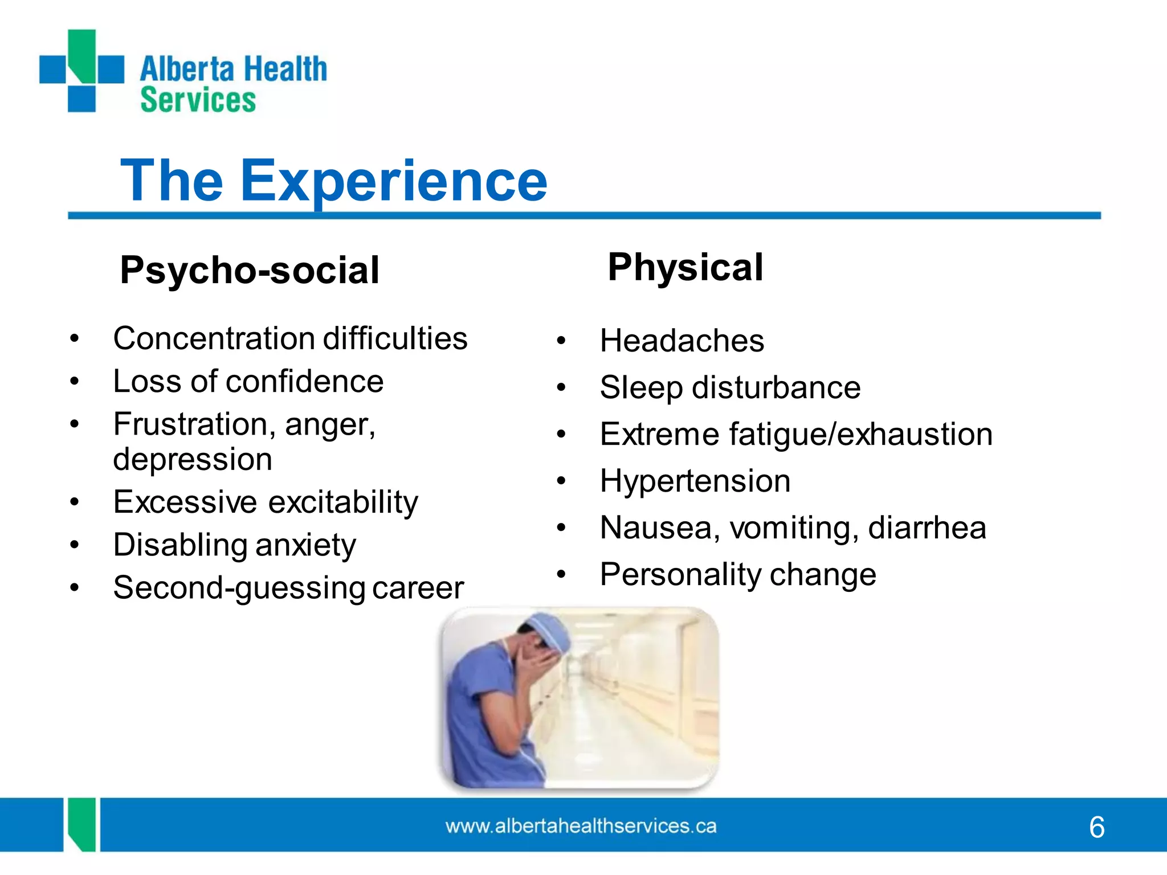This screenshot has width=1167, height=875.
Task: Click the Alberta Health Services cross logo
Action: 81,71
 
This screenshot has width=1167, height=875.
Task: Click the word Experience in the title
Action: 393,181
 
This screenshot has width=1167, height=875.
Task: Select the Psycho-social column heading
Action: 250,270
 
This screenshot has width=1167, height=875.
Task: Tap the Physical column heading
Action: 685,267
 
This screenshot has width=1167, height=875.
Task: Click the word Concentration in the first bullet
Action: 213,338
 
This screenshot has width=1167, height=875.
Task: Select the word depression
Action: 193,459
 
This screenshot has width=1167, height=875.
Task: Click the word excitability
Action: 343,502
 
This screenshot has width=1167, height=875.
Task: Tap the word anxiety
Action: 305,545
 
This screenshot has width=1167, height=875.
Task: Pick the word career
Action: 418,588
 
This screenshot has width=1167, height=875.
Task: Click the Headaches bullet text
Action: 682,341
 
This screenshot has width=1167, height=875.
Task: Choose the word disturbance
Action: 776,388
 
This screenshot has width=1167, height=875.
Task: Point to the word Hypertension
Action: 695,481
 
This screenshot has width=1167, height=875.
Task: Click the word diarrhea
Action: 927,528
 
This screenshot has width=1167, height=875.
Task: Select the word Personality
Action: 680,574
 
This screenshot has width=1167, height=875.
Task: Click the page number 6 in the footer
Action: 1096,827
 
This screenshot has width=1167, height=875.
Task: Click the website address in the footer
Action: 581,826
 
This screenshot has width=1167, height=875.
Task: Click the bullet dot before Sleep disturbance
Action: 561,388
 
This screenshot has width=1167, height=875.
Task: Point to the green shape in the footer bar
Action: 81,823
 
